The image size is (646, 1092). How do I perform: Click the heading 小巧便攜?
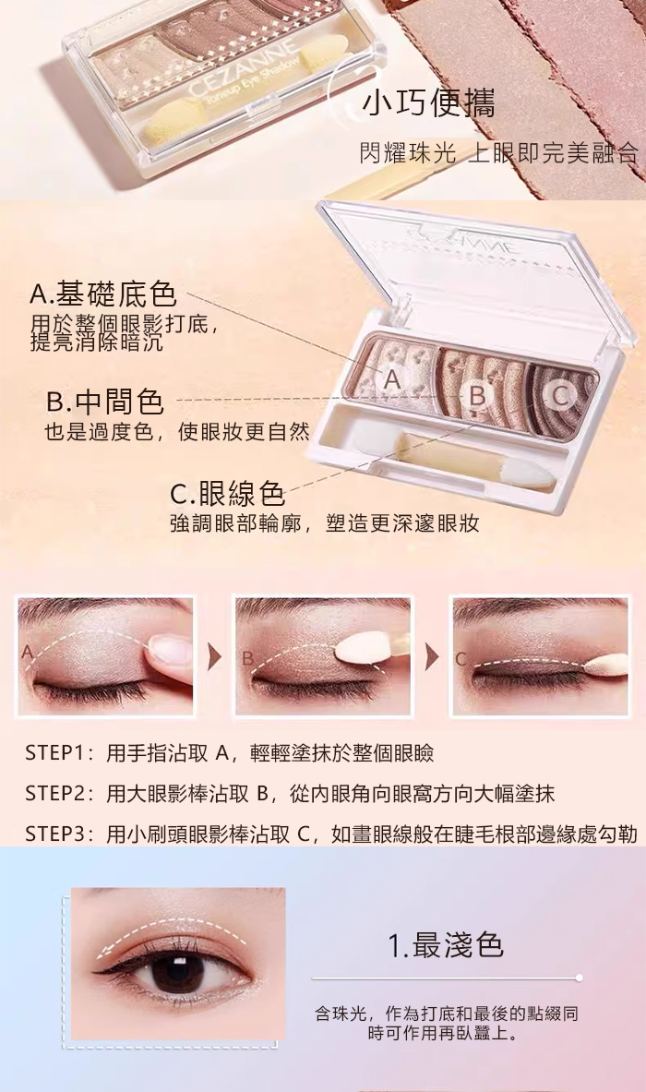[x=429, y=104]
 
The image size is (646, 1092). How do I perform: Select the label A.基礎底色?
[x=103, y=294]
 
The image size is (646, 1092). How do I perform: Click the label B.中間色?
[x=105, y=402]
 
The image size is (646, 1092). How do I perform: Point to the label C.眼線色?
[x=228, y=493]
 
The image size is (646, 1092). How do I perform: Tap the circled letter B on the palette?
[x=477, y=396]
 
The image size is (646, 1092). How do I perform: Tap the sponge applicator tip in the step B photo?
[x=360, y=651]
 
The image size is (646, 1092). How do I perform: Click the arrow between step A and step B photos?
[x=214, y=656]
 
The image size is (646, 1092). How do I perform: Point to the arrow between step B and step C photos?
[x=432, y=656]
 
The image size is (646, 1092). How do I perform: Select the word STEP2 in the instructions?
[x=55, y=793]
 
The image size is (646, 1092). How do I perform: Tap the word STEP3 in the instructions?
[x=55, y=834]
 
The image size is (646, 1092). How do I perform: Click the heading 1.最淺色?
[x=446, y=945]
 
